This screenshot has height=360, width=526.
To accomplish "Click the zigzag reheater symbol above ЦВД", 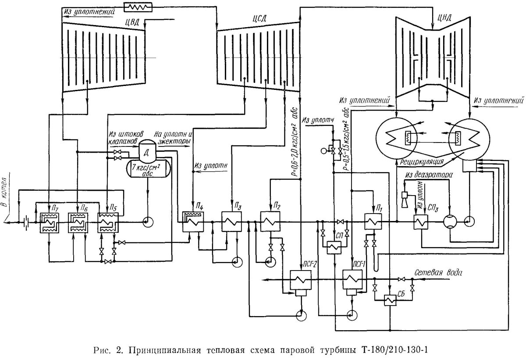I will click(138, 7).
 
